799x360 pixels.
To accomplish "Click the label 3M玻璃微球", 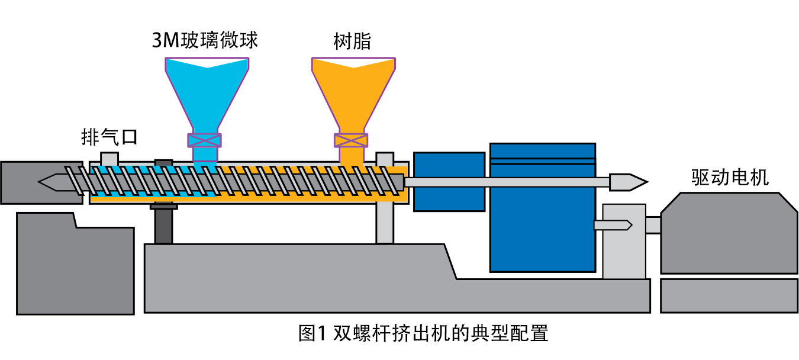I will (205, 40).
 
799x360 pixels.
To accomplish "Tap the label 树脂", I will (352, 41).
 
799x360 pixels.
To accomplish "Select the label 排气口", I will (109, 137).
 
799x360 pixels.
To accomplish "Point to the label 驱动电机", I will (730, 177).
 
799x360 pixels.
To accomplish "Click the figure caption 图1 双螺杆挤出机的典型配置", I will (423, 333).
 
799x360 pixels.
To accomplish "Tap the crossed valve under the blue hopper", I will (204, 140).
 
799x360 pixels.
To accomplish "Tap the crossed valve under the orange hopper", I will (351, 140).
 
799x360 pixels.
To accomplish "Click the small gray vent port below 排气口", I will (109, 159).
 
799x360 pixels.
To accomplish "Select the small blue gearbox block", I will (449, 181).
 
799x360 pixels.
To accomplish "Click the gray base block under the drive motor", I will (729, 295).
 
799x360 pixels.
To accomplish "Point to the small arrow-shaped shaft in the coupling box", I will (613, 225).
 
